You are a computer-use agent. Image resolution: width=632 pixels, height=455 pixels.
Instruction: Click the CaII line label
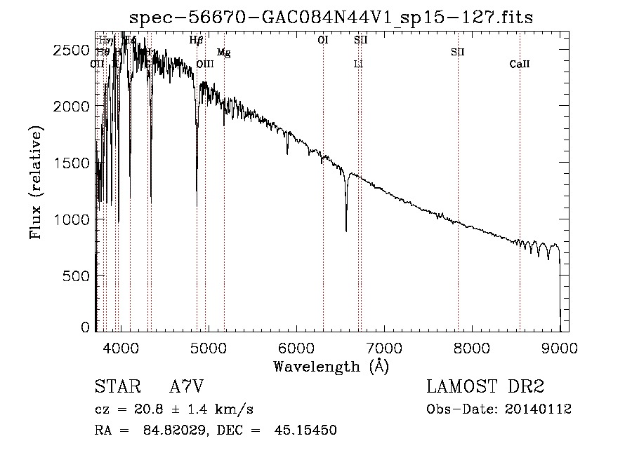click(x=520, y=64)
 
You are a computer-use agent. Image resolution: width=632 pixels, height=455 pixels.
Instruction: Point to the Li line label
click(x=358, y=64)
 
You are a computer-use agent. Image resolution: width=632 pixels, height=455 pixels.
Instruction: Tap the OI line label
click(x=323, y=41)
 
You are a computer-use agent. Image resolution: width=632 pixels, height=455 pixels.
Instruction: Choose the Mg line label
click(x=223, y=53)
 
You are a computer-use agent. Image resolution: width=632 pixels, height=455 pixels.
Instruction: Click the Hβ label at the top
click(x=197, y=41)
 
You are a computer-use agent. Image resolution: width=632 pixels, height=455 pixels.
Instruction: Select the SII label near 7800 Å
click(x=458, y=53)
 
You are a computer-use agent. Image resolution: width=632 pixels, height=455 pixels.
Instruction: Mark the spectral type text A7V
click(x=187, y=386)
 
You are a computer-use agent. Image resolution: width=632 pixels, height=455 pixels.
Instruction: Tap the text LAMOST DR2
click(x=485, y=386)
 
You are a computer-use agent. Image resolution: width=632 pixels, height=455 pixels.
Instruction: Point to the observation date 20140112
click(x=539, y=409)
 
